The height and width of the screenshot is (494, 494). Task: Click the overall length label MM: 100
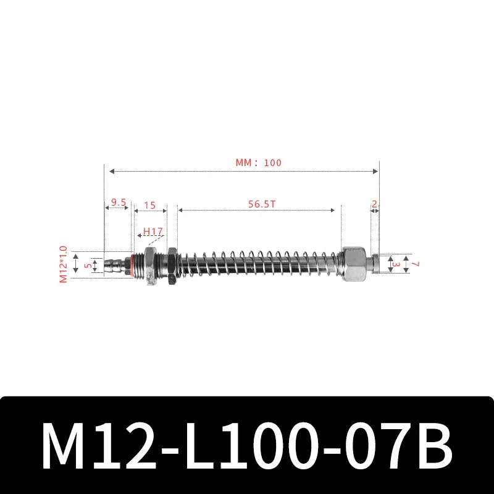(258, 163)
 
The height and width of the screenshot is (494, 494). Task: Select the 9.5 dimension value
(119, 203)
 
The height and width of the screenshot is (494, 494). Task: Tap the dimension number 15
(149, 204)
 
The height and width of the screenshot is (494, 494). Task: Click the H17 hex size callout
(153, 232)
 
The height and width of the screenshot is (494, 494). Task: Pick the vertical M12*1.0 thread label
(62, 264)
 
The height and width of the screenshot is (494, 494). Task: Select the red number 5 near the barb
(88, 266)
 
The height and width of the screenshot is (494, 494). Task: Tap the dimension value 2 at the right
(374, 204)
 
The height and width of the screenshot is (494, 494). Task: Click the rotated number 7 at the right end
(416, 264)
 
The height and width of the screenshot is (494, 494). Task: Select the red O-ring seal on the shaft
(130, 265)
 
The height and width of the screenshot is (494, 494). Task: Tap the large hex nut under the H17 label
(149, 266)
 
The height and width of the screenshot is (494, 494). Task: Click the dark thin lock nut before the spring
(170, 266)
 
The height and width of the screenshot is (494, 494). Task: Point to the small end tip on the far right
(374, 264)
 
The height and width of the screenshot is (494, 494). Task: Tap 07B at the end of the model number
(396, 446)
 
